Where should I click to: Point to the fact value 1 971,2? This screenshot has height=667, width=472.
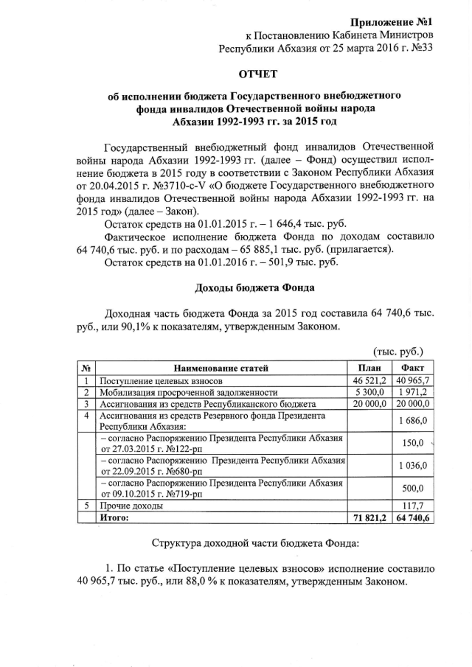(413, 393)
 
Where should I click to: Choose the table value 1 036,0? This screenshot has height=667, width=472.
(413, 466)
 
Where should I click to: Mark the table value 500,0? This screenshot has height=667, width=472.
(413, 489)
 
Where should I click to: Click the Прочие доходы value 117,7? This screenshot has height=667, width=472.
(413, 506)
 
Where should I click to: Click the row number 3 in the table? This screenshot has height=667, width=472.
(87, 404)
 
